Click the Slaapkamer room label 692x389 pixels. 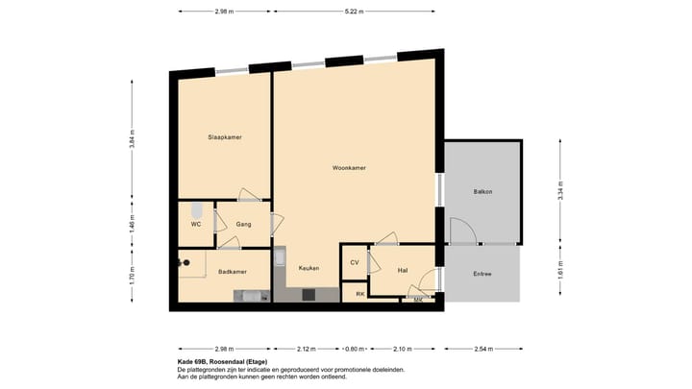[x=224, y=137]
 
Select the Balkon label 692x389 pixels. [x=482, y=192]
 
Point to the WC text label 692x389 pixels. [x=195, y=225]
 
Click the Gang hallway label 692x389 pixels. [x=243, y=225]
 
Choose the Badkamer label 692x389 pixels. [x=233, y=271]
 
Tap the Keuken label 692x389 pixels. [x=309, y=268]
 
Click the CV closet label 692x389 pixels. [x=354, y=262]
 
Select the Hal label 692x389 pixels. [x=403, y=271]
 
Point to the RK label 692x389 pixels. [x=359, y=293]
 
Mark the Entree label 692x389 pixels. [x=482, y=274]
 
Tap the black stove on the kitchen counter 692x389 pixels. [x=309, y=295]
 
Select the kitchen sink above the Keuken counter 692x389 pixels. [x=280, y=257]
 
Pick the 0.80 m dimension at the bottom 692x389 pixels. [x=356, y=349]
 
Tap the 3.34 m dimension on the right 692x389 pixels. [x=561, y=191]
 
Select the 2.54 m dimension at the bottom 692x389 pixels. [x=482, y=349]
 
